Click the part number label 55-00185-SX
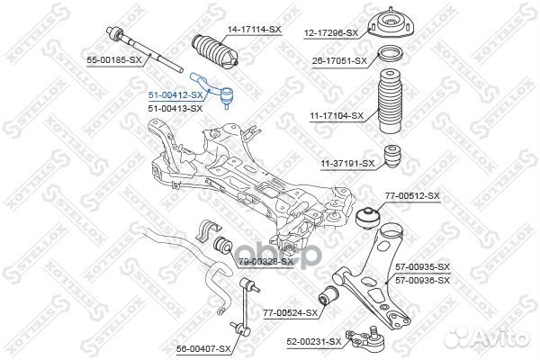[x=113, y=59]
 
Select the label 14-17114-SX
[x=255, y=30]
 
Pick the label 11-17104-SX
[x=336, y=115]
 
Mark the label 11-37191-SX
[x=345, y=163]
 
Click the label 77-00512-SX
[x=413, y=195]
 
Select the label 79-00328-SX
[x=265, y=262]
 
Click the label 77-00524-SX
[x=291, y=313]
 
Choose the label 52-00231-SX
[x=314, y=342]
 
